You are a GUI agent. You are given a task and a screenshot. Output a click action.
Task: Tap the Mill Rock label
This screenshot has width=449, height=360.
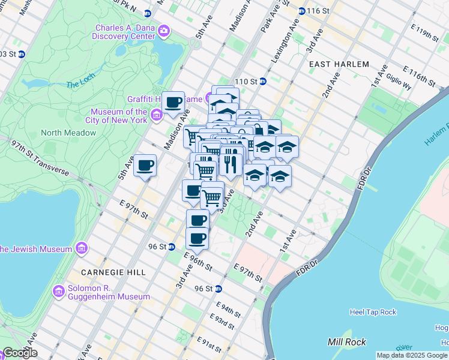pyautogui.click(x=343, y=341)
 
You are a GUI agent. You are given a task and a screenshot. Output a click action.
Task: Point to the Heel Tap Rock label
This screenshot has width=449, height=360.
pyautogui.click(x=373, y=312)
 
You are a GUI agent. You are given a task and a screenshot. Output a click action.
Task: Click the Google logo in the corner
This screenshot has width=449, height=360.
pyautogui.click(x=19, y=353)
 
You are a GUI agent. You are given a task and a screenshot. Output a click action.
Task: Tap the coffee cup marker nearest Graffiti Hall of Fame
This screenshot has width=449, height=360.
pyautogui.click(x=173, y=103)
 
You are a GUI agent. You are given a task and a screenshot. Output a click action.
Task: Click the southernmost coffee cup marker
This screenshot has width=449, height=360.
pyautogui.click(x=197, y=238)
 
